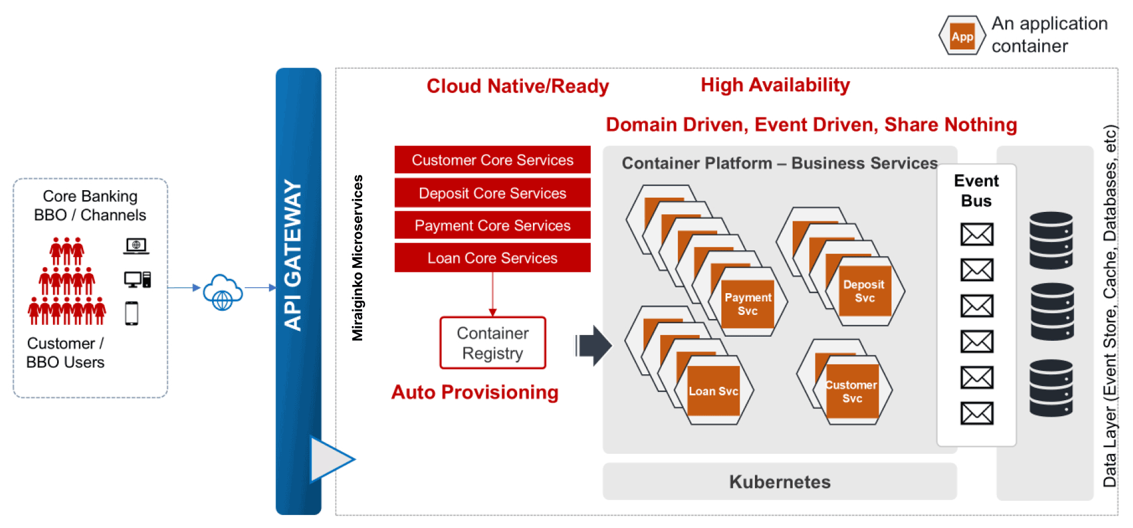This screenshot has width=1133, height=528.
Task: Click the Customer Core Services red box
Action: tap(492, 160)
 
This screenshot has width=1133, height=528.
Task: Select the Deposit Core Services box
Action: tap(492, 193)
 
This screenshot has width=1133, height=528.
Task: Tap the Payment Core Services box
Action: tap(492, 225)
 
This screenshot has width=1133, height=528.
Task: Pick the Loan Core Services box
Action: tap(492, 258)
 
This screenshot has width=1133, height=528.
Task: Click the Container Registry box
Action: tap(493, 343)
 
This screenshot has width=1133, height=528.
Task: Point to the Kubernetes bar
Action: tap(780, 481)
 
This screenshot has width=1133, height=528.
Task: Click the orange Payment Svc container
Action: tap(748, 304)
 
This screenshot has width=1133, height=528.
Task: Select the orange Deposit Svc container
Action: tap(864, 291)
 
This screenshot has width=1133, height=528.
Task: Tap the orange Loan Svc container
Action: tap(713, 391)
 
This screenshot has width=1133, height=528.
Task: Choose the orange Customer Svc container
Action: tap(852, 391)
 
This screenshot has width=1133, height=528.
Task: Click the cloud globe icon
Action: tap(223, 292)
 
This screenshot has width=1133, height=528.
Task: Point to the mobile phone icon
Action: tap(132, 313)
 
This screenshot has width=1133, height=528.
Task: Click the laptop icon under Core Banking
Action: tap(136, 245)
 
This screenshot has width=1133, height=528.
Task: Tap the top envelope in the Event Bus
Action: tap(977, 234)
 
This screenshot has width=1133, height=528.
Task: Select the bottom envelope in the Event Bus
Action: tap(977, 413)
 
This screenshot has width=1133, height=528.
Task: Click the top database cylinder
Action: tap(1051, 240)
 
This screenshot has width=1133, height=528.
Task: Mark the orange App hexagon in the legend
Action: tap(962, 36)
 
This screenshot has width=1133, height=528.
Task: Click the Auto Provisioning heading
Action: tap(475, 392)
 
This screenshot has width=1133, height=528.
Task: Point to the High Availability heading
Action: tap(775, 85)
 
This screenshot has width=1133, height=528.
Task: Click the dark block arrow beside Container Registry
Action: tap(595, 346)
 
